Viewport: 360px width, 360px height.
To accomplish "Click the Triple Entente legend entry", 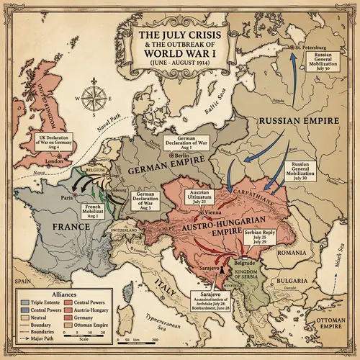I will tap(30, 303).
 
